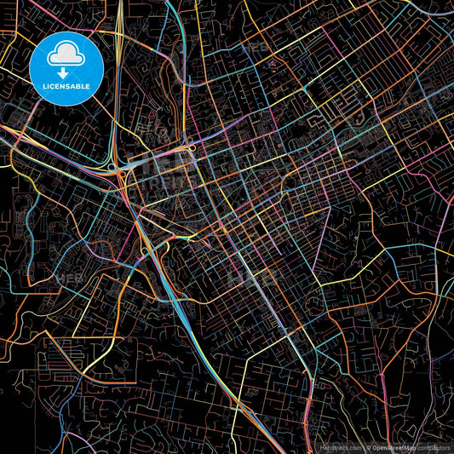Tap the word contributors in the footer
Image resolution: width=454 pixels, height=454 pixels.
click(434, 446)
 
